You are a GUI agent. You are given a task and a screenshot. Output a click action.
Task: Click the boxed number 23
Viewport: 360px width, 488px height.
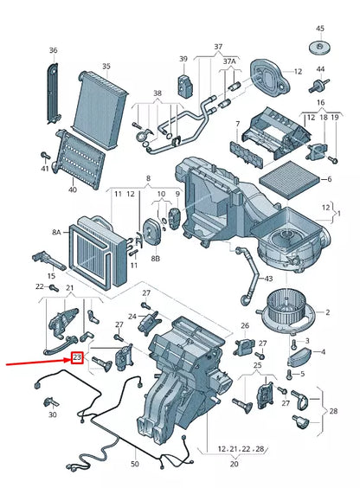(x=77, y=356)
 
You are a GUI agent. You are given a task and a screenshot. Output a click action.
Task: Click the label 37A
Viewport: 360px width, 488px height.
(x=228, y=61)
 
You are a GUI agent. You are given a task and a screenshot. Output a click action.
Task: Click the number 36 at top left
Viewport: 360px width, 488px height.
(x=54, y=51)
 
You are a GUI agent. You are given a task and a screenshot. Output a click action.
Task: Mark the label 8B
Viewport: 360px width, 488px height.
(x=156, y=258)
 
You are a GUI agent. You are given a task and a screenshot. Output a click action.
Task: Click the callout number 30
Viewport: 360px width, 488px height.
(x=53, y=415)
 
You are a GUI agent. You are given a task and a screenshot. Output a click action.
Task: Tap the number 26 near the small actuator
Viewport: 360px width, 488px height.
(x=51, y=276)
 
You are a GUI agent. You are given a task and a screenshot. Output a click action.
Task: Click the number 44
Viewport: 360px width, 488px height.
(x=320, y=68)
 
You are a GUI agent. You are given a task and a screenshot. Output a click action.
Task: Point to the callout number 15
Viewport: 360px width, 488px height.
(x=51, y=276)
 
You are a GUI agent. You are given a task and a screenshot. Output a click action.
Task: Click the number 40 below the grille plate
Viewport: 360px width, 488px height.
(x=72, y=189)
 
